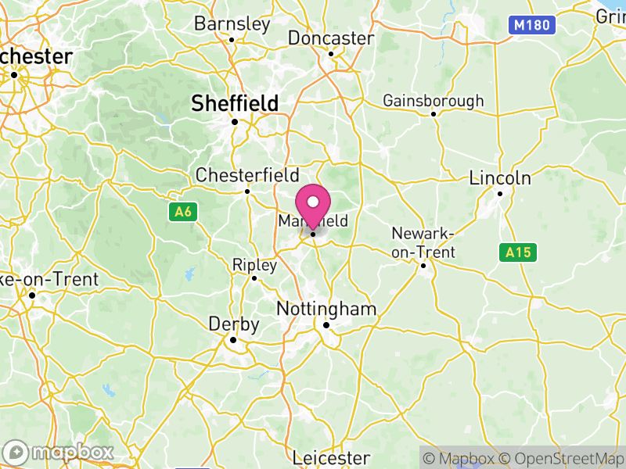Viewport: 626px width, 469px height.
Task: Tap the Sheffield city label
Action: click(x=235, y=103)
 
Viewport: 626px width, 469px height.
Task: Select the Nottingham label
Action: click(x=326, y=310)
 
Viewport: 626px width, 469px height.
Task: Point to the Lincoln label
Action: click(x=500, y=178)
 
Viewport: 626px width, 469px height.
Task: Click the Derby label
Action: click(x=233, y=324)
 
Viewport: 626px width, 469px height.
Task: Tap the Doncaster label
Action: click(x=331, y=38)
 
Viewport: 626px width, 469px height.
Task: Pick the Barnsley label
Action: click(x=232, y=23)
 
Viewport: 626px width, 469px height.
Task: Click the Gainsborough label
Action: click(x=433, y=101)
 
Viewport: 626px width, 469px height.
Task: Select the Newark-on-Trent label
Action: click(x=423, y=242)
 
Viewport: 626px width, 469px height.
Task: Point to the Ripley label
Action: click(x=254, y=266)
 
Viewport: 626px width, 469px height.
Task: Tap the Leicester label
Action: click(x=330, y=457)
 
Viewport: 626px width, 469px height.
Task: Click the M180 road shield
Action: click(x=532, y=25)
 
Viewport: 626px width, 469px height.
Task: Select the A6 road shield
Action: click(x=182, y=211)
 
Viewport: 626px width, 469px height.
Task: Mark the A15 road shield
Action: click(x=518, y=252)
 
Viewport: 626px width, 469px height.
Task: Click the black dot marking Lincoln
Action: click(x=500, y=193)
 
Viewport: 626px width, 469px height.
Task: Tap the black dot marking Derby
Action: click(x=232, y=340)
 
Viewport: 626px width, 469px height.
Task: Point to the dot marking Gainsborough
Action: click(x=434, y=114)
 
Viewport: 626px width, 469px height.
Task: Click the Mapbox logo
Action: click(x=59, y=452)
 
